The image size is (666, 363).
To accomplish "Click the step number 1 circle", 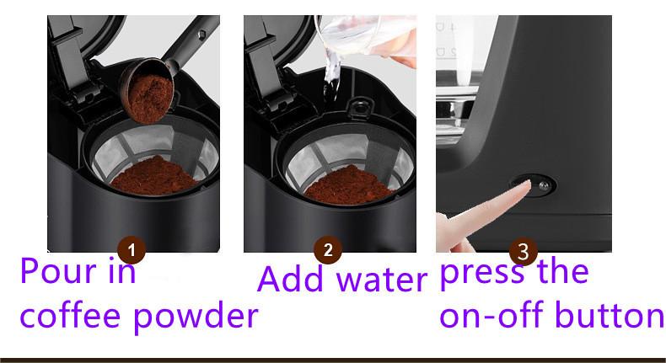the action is click(132, 250).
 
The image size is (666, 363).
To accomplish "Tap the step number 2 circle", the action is click(328, 250).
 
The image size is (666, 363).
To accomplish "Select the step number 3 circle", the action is click(524, 251).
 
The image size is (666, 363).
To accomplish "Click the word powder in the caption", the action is click(196, 316).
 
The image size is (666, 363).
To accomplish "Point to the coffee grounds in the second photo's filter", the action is click(348, 185).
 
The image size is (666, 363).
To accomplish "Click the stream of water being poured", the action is click(331, 74).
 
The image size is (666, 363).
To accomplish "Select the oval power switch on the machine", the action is click(534, 185).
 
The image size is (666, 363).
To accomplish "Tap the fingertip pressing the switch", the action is click(524, 185).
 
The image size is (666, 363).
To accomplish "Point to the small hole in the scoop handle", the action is click(202, 35).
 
